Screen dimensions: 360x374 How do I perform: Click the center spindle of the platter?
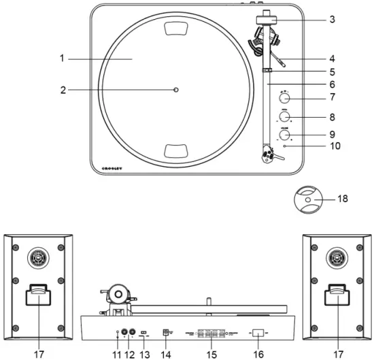pyautogui.click(x=176, y=90)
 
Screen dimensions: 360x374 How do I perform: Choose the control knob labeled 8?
pyautogui.click(x=283, y=116)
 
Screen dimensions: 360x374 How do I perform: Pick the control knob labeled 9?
pyautogui.click(x=283, y=135)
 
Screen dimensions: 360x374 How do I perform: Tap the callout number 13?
pyautogui.click(x=144, y=353)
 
